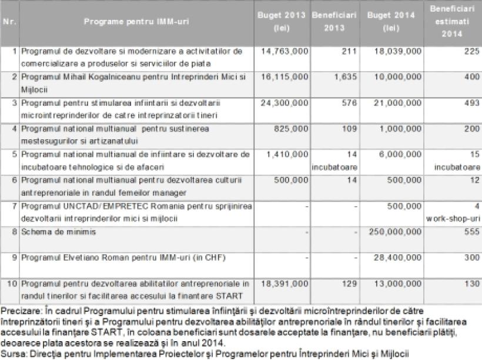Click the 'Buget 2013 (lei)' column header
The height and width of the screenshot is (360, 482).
click(x=282, y=22)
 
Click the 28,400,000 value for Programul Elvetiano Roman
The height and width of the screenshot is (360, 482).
click(x=397, y=257)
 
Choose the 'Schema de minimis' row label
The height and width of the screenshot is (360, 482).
click(x=46, y=232)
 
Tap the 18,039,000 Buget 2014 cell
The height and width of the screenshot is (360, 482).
click(x=397, y=52)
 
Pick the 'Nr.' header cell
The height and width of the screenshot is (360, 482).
click(x=9, y=22)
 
